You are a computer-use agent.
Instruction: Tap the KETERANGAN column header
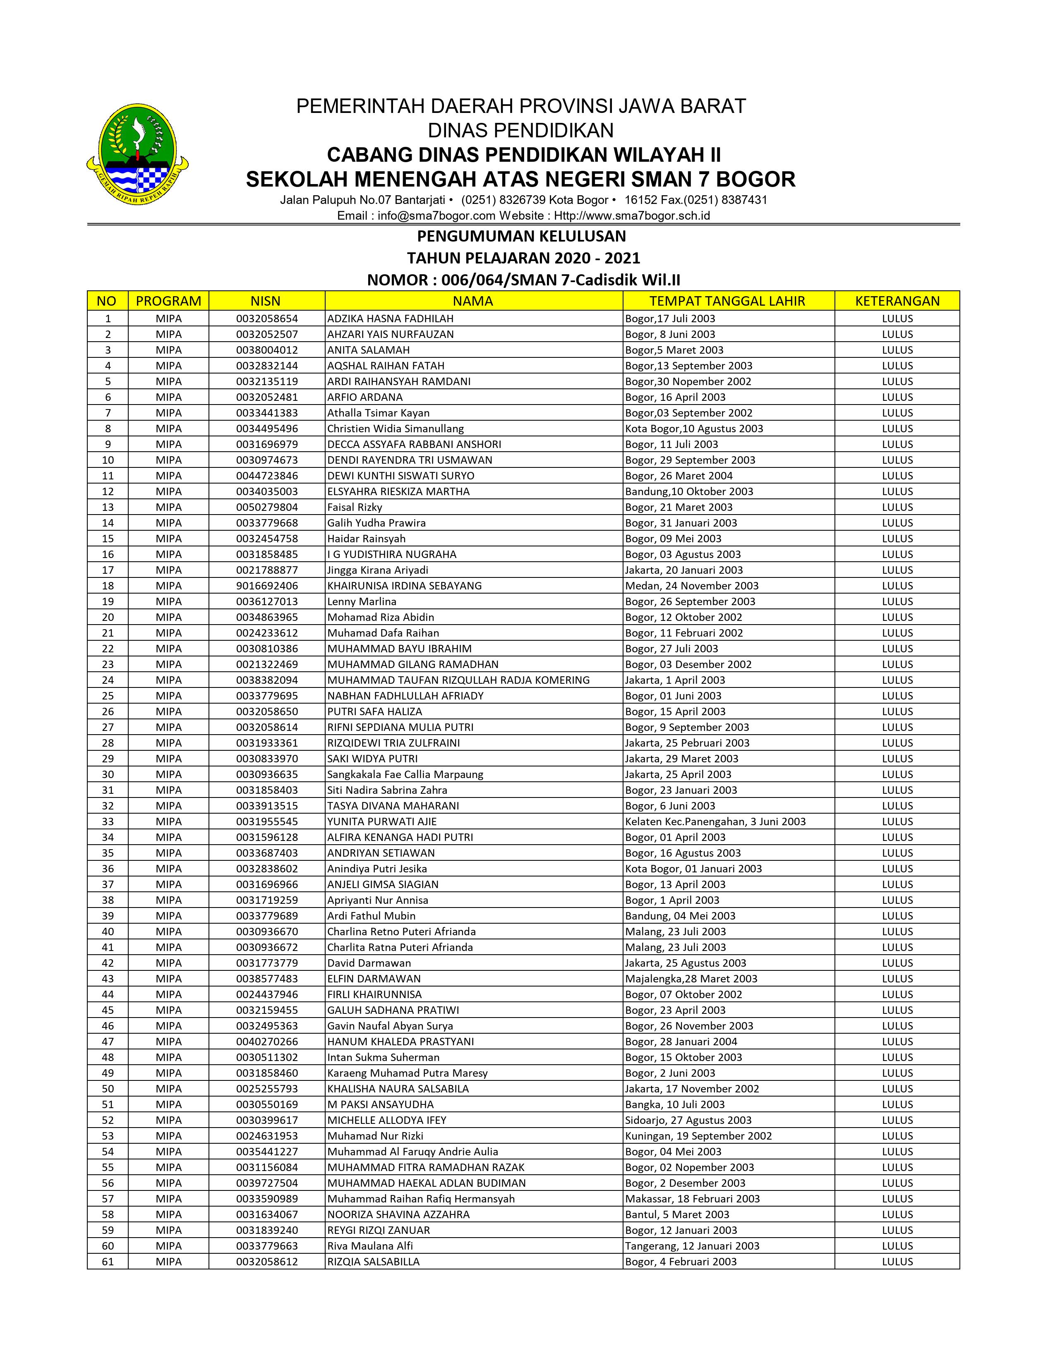pyautogui.click(x=897, y=301)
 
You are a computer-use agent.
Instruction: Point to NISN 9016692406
pyautogui.click(x=267, y=586)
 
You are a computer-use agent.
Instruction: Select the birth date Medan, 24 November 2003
pyautogui.click(x=692, y=586)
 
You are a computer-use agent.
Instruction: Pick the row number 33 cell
pyautogui.click(x=108, y=821)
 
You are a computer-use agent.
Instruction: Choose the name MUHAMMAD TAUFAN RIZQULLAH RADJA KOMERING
pyautogui.click(x=458, y=680)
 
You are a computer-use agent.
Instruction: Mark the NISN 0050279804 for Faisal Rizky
pyautogui.click(x=267, y=507)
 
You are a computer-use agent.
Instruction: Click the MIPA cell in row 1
pyautogui.click(x=169, y=318)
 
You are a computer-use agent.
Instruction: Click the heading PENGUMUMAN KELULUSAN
pyautogui.click(x=521, y=236)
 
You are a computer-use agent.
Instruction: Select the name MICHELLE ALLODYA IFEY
pyautogui.click(x=387, y=1120)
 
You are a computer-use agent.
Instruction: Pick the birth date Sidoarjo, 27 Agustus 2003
pyautogui.click(x=688, y=1120)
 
